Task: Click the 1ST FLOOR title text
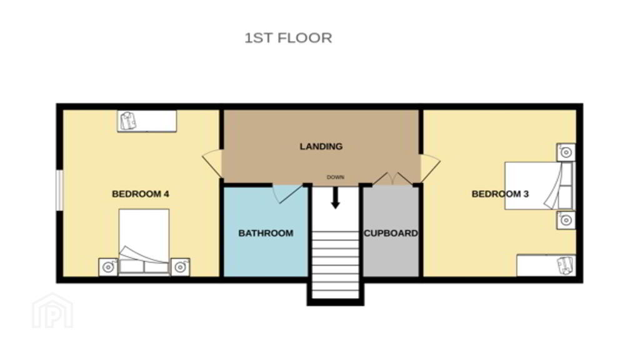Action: pos(288,38)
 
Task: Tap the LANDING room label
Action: pos(321,146)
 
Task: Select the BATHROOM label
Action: pos(266,233)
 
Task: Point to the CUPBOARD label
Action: pos(391,233)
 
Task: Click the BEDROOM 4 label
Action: pos(141,194)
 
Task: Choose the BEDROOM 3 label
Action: pos(500,194)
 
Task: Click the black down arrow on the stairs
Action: pos(335,197)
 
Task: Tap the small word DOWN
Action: pos(336,177)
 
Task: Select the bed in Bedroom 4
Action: pos(144,242)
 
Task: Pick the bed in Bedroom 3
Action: pos(539,186)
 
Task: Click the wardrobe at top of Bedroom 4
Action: pos(147,121)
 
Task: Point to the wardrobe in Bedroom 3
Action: pos(546,265)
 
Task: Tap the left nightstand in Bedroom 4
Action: pos(108,267)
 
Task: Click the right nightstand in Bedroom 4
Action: pos(180,267)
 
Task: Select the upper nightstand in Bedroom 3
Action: pos(566,152)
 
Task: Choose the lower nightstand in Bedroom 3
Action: pos(566,220)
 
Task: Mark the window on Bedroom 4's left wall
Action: pos(59,190)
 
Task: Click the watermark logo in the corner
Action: pos(52,311)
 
